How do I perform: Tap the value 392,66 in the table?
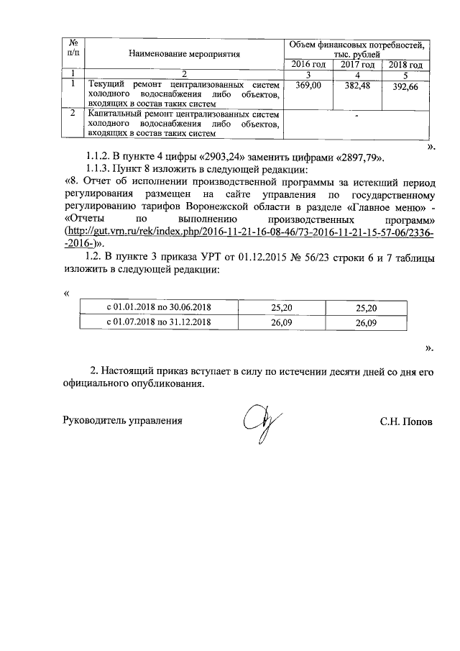[x=405, y=88]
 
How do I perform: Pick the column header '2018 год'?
[x=405, y=65]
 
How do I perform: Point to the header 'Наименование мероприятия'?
[x=184, y=54]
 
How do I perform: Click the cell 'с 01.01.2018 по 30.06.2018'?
[x=159, y=308]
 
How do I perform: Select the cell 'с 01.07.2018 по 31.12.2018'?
[x=159, y=323]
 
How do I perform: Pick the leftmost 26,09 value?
[x=281, y=323]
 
